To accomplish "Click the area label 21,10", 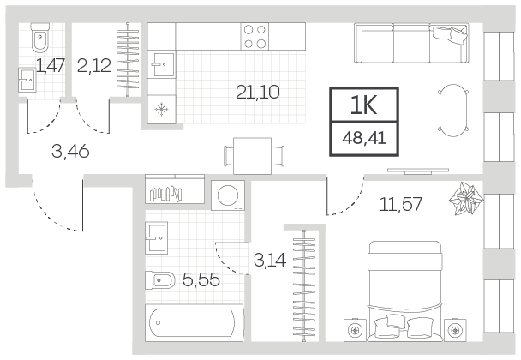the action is pyautogui.click(x=258, y=92).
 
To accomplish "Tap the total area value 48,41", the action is pyautogui.click(x=364, y=138).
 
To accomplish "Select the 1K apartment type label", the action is pyautogui.click(x=364, y=105).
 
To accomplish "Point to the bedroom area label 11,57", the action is pyautogui.click(x=401, y=204).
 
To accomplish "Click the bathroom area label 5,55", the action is pyautogui.click(x=201, y=279).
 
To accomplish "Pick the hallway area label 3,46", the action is pyautogui.click(x=70, y=152).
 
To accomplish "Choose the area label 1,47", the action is pyautogui.click(x=50, y=65).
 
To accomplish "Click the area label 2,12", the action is pyautogui.click(x=93, y=65).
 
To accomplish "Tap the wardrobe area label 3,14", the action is pyautogui.click(x=269, y=260).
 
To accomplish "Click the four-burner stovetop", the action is pyautogui.click(x=255, y=36).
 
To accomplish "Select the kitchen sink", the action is pyautogui.click(x=161, y=64).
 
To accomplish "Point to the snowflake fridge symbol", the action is pyautogui.click(x=161, y=109).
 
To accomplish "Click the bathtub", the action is pyautogui.click(x=195, y=322).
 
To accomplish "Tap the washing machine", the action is pyautogui.click(x=228, y=195).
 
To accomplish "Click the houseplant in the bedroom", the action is pyautogui.click(x=466, y=199).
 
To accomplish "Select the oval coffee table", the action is pyautogui.click(x=453, y=111).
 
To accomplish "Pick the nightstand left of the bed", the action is pyautogui.click(x=356, y=330).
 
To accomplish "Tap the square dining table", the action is pyautogui.click(x=253, y=156).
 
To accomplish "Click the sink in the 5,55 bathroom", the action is pyautogui.click(x=156, y=237).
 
